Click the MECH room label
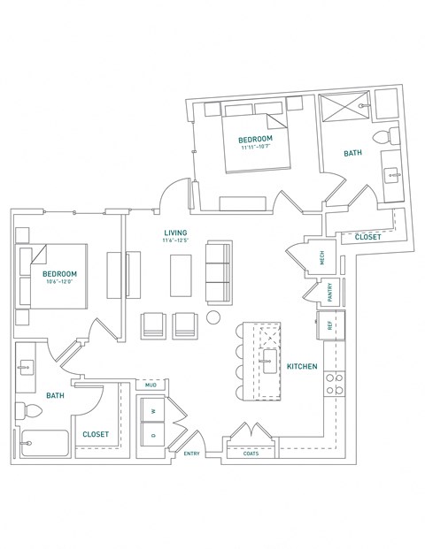coord(322,257)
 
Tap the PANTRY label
coord(328,293)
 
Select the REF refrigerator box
coord(329,324)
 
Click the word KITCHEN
coord(301,365)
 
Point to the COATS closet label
coord(240,454)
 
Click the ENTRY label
coord(192,454)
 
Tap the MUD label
coord(151,385)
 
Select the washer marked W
coord(152,410)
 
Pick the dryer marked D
coord(152,435)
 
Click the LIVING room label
coord(174,233)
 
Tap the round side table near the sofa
coord(214,318)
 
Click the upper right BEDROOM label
coord(255,140)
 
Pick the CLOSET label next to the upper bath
coord(367,237)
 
